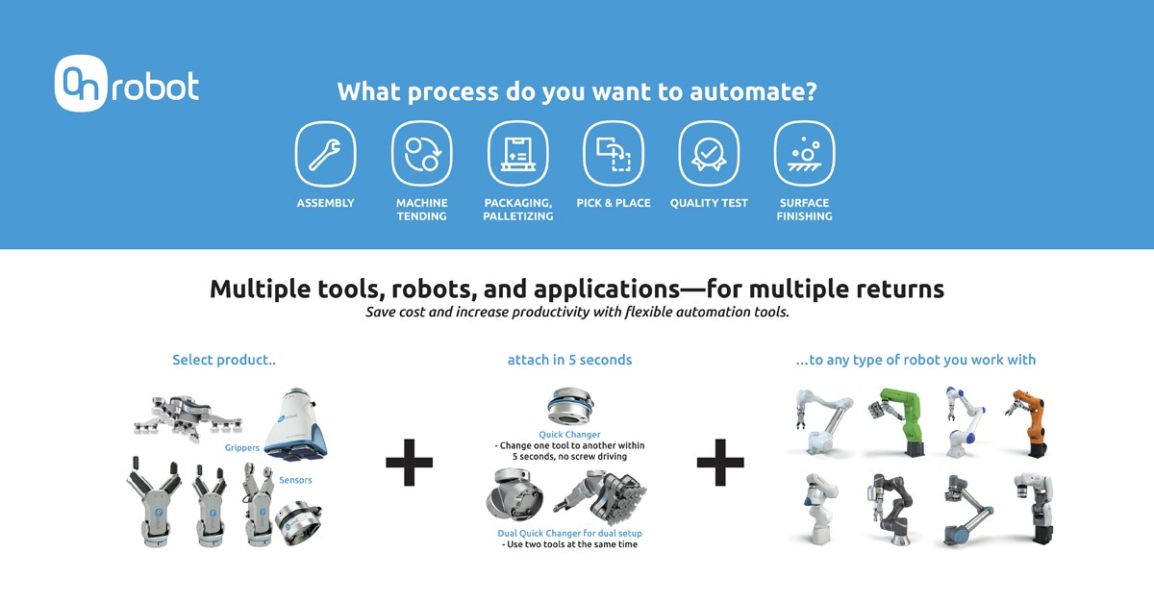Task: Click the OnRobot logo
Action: pos(127,84)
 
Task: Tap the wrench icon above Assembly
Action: pos(325,154)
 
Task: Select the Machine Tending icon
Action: pos(421,154)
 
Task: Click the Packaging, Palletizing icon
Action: pos(517,154)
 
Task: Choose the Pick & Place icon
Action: pos(614,154)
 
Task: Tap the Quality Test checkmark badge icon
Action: pos(709,154)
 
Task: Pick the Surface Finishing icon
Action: pos(804,154)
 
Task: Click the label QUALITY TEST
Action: pos(709,203)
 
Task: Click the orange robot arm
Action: pos(1028,422)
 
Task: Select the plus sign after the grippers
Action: pos(409,463)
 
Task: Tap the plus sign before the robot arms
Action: pos(720,463)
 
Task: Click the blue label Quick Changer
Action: pos(569,435)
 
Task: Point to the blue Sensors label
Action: pos(295,480)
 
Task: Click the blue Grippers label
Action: pos(242,448)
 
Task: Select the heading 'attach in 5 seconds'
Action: pos(569,360)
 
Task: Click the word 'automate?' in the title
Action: pos(753,91)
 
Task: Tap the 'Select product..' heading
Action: pos(224,360)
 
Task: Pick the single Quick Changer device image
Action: pos(569,406)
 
